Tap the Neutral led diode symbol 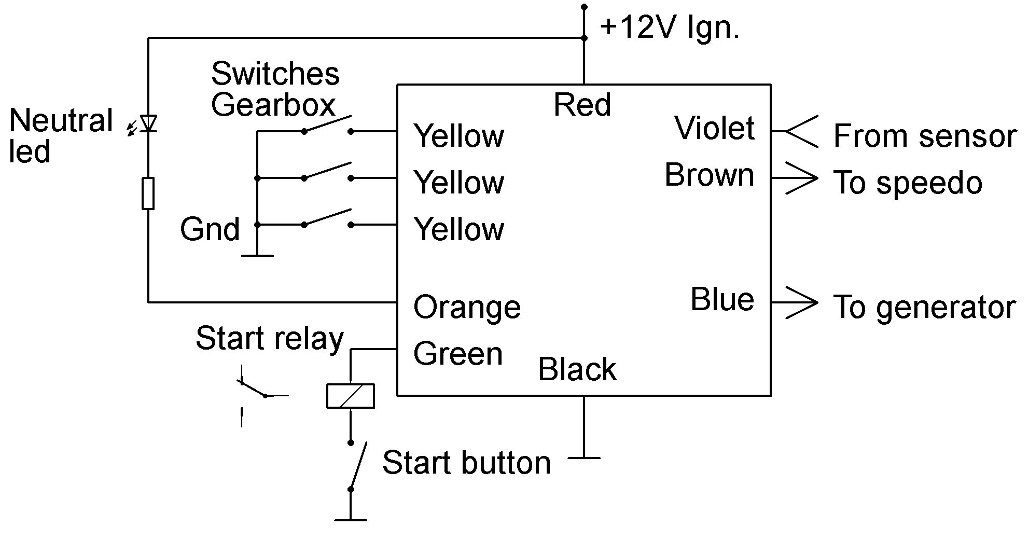click(x=149, y=123)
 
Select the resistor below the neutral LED click(x=148, y=193)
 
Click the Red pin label click(x=582, y=105)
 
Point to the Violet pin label click(x=714, y=128)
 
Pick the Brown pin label click(x=709, y=175)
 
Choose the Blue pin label click(x=722, y=299)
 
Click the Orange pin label click(x=467, y=307)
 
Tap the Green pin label click(x=458, y=354)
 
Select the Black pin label click(x=577, y=369)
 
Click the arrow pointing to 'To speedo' click(x=801, y=178)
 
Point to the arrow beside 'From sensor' click(x=801, y=132)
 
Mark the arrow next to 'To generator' click(x=801, y=302)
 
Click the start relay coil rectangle click(x=350, y=396)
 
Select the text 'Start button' click(x=466, y=463)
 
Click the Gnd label click(x=210, y=229)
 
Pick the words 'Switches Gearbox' click(x=275, y=89)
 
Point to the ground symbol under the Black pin click(x=584, y=457)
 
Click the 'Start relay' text click(x=270, y=338)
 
